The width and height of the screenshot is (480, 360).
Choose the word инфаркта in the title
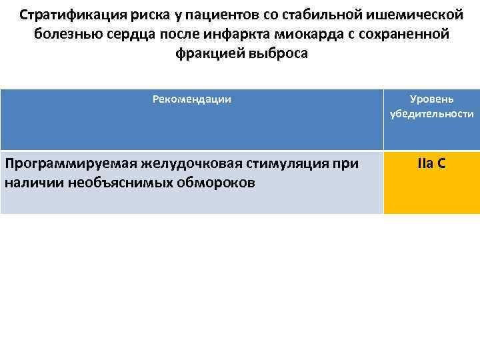229,34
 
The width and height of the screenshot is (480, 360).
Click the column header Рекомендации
192,99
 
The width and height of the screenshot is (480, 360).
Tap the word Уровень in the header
432,99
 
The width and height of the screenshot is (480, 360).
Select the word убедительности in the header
432,114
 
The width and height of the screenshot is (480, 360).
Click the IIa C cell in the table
432,163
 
